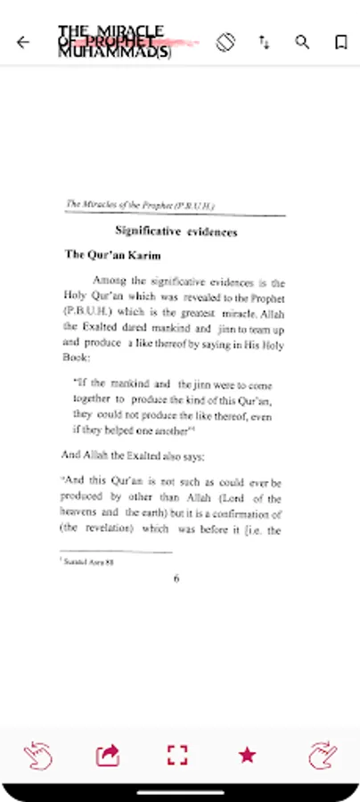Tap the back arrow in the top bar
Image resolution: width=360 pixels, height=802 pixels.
pos(23,42)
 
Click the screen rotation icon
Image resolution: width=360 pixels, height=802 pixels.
pos(225,41)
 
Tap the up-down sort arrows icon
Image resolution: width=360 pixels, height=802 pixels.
pos(265,42)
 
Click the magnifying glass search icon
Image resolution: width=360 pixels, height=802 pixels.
pos(303,42)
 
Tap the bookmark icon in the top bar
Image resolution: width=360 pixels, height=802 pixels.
pos(340,42)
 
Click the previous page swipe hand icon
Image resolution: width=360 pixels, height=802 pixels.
pos(37,756)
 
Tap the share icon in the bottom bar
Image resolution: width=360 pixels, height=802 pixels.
pos(108,756)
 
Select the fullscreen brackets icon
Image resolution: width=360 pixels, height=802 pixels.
pos(177,756)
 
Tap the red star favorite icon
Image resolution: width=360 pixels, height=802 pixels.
pos(247,756)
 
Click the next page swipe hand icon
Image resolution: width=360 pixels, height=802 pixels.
pos(322,756)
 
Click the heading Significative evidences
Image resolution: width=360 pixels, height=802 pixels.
pos(176,233)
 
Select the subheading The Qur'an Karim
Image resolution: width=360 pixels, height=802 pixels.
pos(112,255)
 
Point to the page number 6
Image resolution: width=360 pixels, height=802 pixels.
pos(176,578)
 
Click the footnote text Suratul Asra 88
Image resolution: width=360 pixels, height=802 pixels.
pos(88,562)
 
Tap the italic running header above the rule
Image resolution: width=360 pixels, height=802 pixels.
pos(141,206)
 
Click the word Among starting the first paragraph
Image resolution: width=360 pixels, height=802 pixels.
pos(110,281)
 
